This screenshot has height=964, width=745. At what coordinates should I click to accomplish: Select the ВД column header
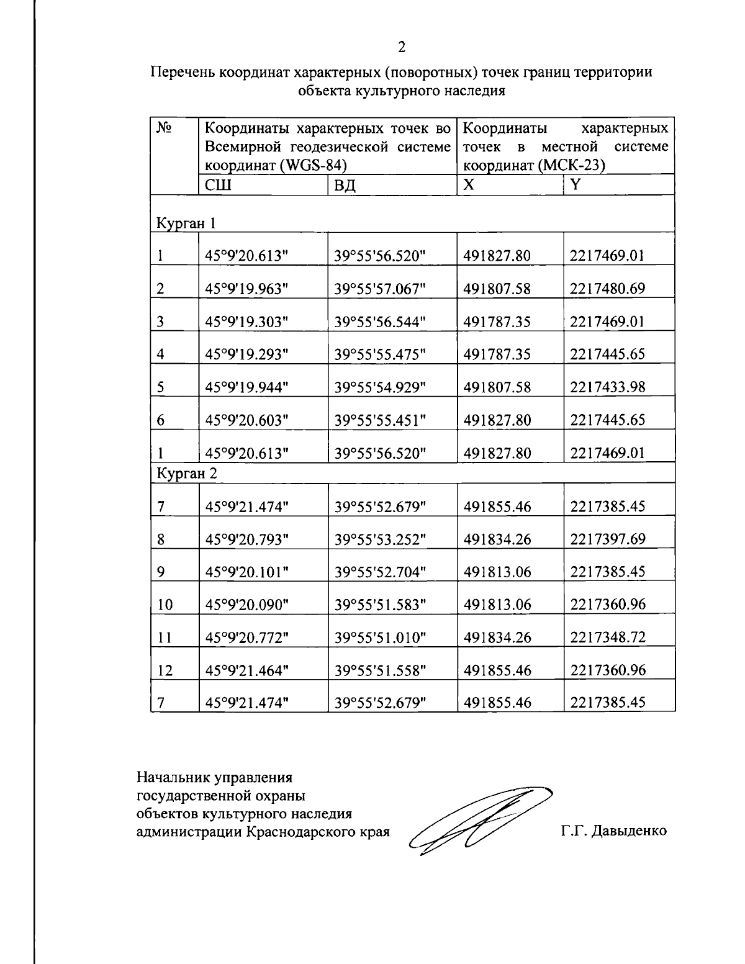click(x=345, y=185)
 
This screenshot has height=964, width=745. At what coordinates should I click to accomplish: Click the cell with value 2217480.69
click(x=607, y=289)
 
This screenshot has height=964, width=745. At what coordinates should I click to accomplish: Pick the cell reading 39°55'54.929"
click(x=380, y=387)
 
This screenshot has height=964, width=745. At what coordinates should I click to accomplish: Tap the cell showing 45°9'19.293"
click(x=247, y=354)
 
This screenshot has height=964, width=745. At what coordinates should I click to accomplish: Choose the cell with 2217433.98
click(x=607, y=387)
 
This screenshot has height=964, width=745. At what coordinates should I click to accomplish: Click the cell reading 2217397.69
click(x=607, y=539)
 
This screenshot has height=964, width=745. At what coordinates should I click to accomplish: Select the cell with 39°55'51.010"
click(x=380, y=637)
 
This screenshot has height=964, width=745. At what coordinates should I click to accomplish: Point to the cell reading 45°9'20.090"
click(x=247, y=605)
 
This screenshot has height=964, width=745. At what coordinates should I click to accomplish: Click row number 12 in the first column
click(x=165, y=670)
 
